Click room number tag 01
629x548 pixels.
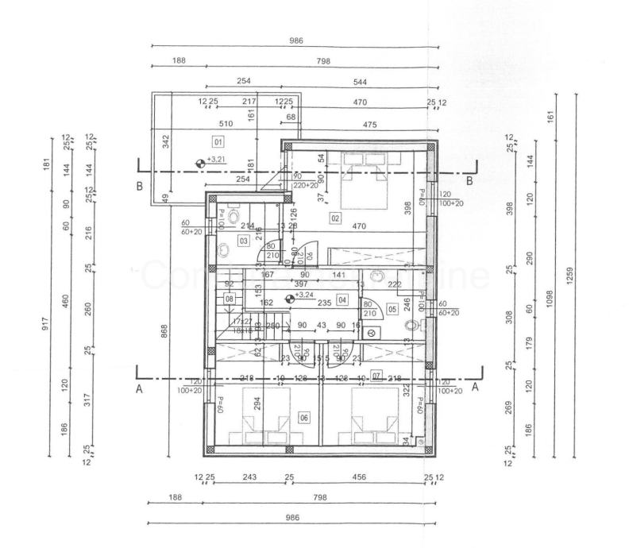tap(218, 141)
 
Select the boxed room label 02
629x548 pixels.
tap(335, 218)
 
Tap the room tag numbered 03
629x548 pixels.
tap(244, 240)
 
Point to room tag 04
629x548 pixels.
tap(342, 299)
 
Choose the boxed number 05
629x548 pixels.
tap(392, 309)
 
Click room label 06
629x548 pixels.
tap(303, 416)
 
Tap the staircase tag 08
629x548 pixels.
tap(230, 299)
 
